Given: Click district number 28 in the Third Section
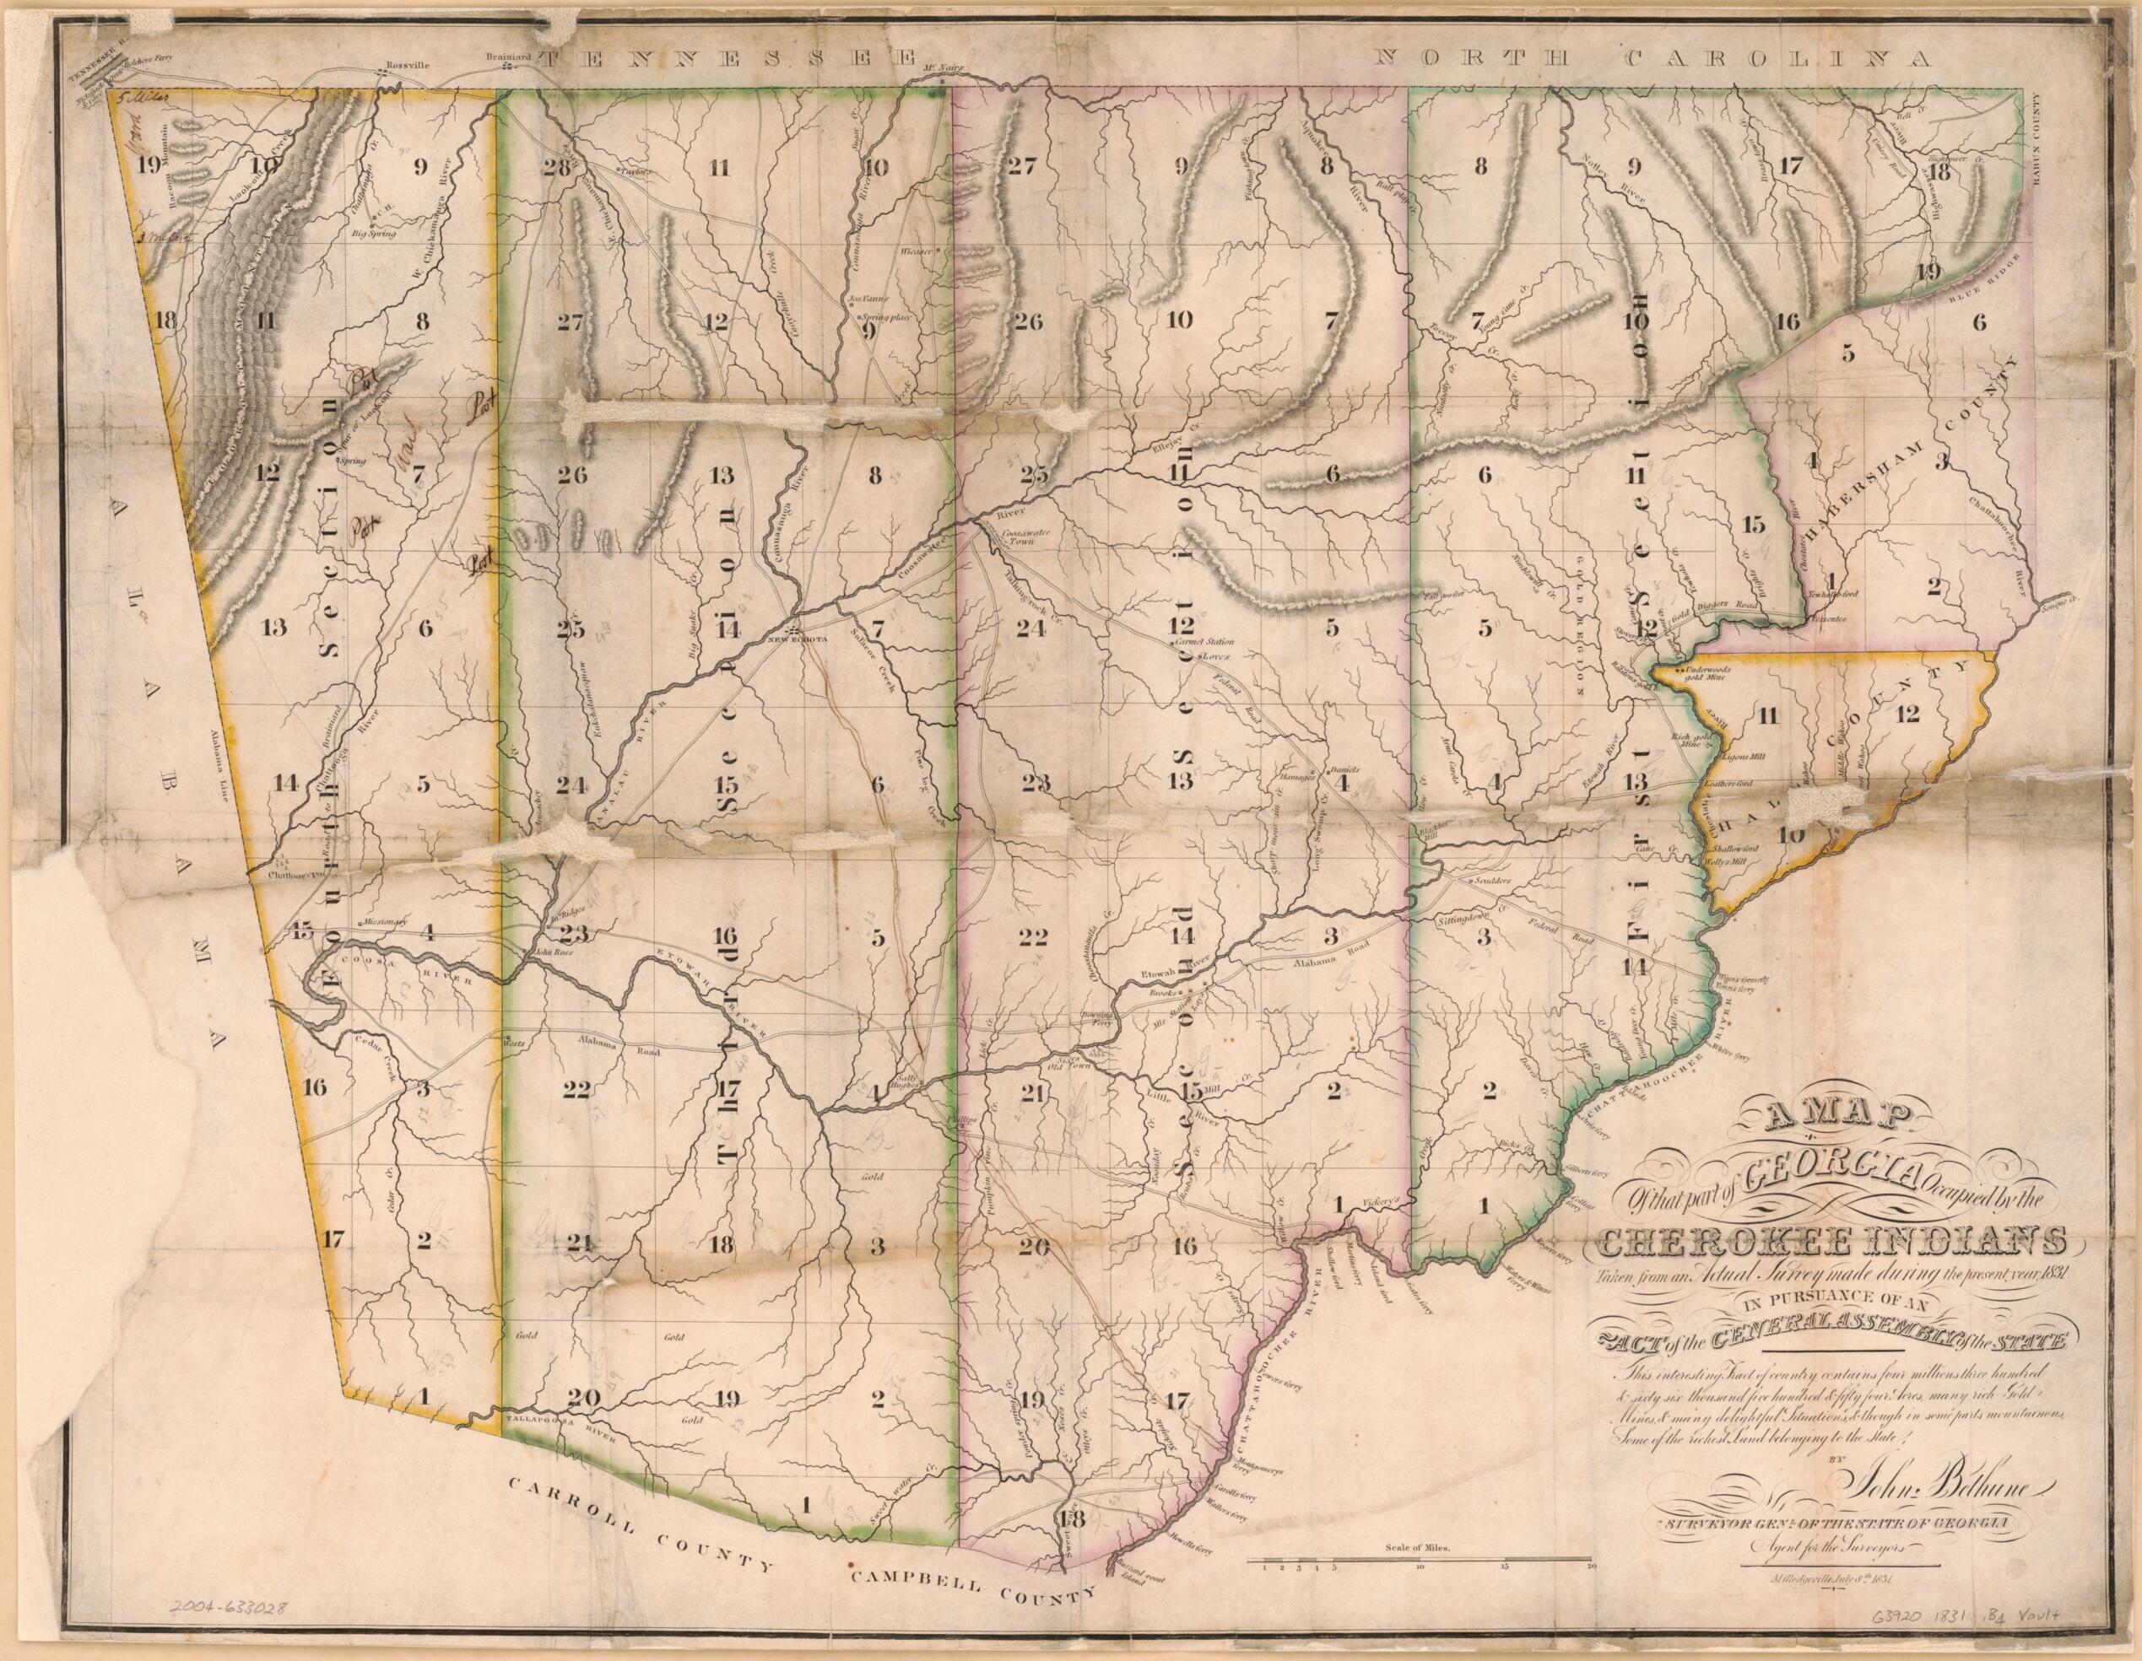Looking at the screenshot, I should coord(557,167).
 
